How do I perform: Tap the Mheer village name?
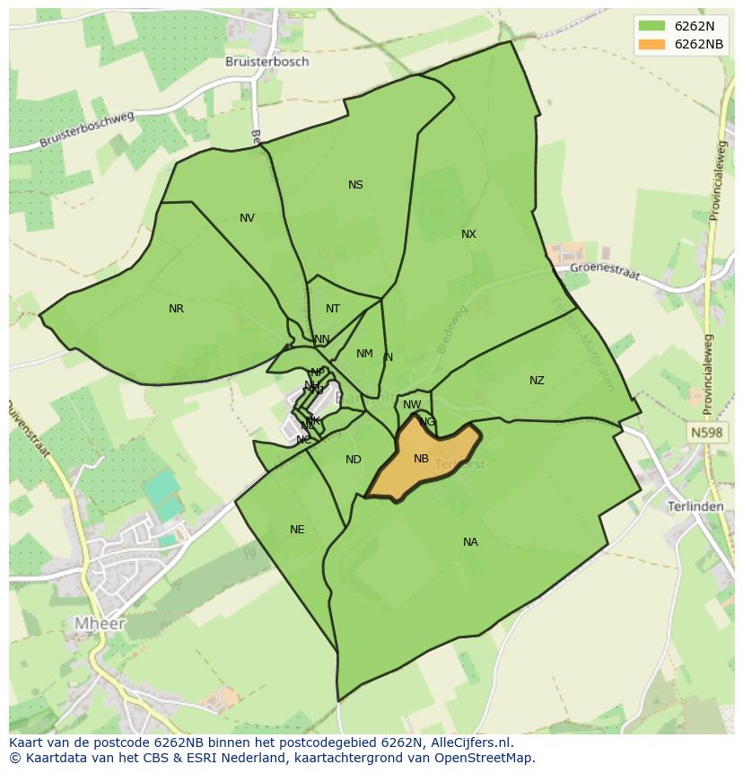(x=100, y=623)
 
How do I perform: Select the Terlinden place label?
(x=695, y=506)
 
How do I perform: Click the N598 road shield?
(x=706, y=434)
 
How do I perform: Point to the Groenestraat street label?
(x=606, y=269)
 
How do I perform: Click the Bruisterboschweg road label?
(x=88, y=129)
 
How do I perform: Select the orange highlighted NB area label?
(x=421, y=459)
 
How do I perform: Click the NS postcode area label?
(x=355, y=185)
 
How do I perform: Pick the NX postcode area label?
(x=468, y=234)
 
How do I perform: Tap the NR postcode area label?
(x=176, y=309)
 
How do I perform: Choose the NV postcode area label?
(x=247, y=218)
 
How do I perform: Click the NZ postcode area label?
(x=537, y=381)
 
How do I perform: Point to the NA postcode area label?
(x=470, y=542)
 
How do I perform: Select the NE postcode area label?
(x=297, y=530)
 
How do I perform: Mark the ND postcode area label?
(x=353, y=460)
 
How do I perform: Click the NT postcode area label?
(x=333, y=309)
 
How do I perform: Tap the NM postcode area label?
(x=364, y=354)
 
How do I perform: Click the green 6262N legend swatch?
(x=651, y=25)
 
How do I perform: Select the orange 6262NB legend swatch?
(x=651, y=44)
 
